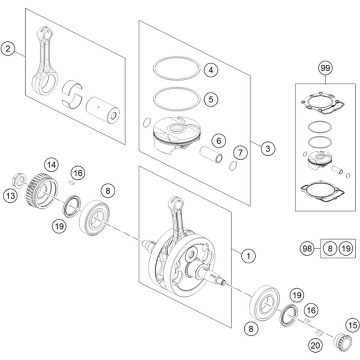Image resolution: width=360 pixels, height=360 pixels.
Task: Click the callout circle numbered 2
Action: pos(8,49)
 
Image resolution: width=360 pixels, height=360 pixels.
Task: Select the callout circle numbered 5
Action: pos(211,98)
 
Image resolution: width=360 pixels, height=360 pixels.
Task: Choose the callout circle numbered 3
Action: pos(267,149)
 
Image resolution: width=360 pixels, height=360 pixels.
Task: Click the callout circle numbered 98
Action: pos(307,249)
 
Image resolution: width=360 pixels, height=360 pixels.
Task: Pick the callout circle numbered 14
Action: pos(50,165)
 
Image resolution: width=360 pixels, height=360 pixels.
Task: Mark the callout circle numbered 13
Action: pos(10,195)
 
